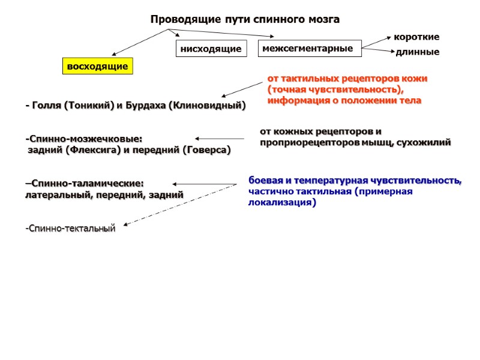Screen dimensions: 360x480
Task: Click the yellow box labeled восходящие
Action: pos(98,66)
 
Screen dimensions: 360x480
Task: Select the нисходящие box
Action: pos(211,49)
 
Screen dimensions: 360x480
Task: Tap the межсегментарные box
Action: pos(309,48)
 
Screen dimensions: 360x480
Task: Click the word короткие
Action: pos(416,37)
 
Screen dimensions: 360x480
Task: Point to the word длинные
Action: pos(418,52)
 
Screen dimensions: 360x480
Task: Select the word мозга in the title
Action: pos(325,20)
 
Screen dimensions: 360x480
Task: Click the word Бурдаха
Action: pos(145,106)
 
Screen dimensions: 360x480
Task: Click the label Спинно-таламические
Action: pos(85,183)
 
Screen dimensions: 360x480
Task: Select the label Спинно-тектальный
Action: pos(70,229)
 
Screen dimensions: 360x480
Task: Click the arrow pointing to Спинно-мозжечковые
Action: pos(219,139)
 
